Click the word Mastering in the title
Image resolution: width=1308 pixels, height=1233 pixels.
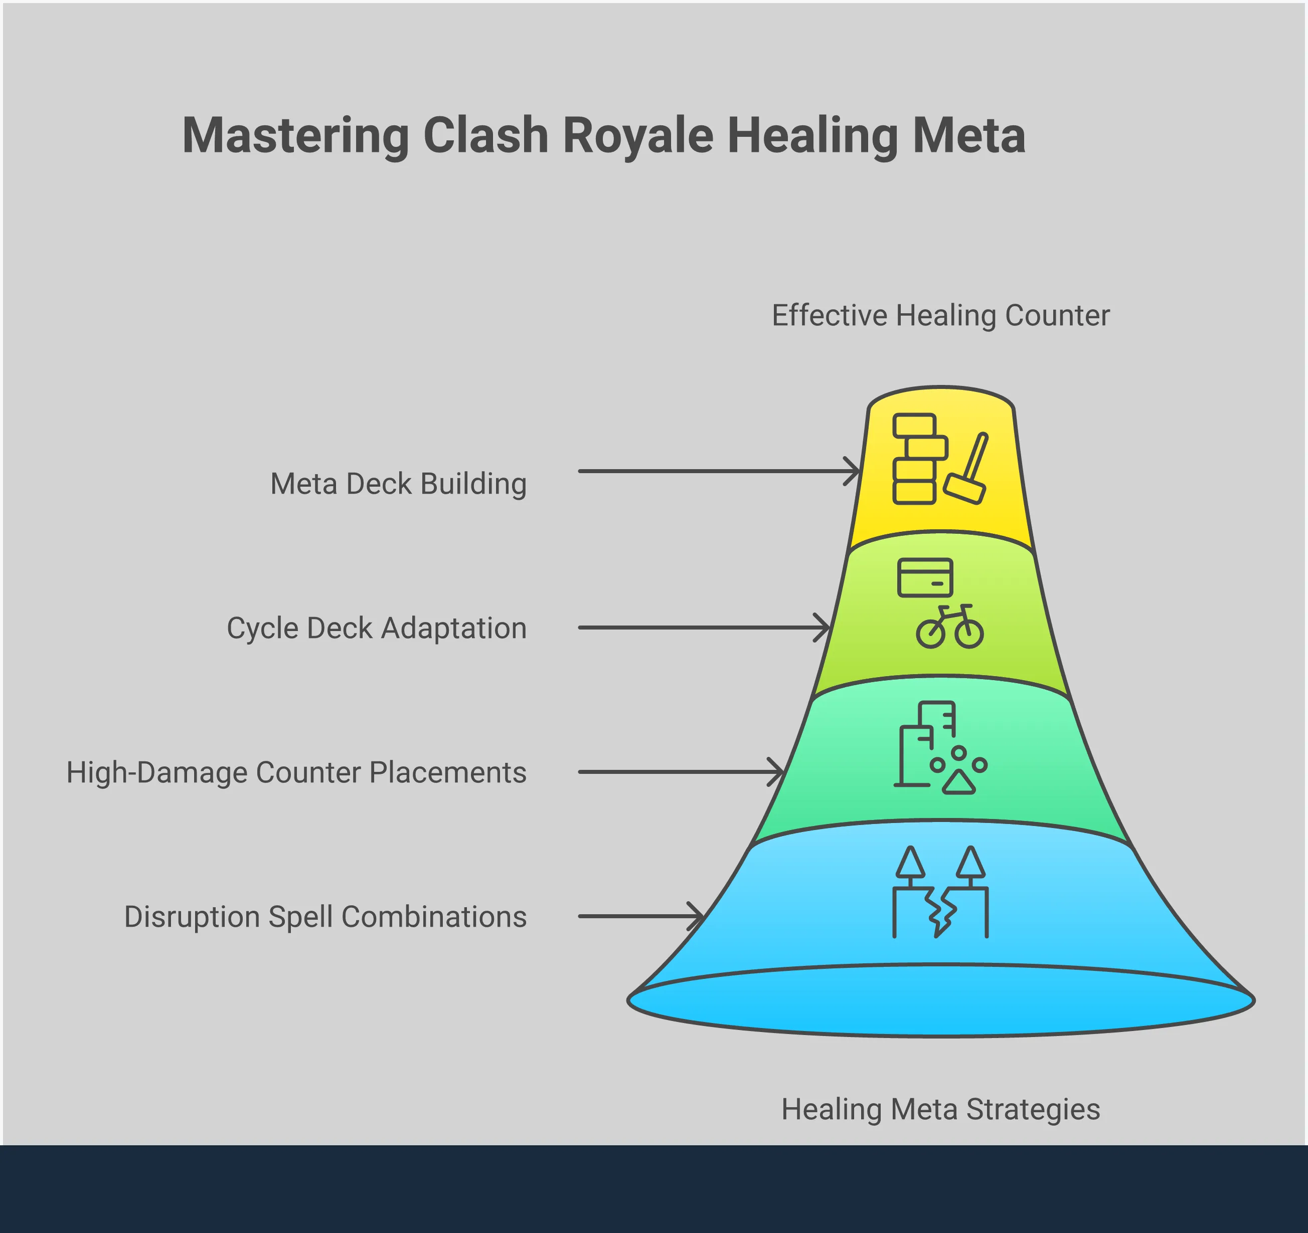[295, 136]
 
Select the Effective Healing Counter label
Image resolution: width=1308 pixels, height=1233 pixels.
[940, 316]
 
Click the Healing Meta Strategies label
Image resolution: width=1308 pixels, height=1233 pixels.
[940, 1109]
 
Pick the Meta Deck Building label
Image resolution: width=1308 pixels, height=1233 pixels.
[398, 484]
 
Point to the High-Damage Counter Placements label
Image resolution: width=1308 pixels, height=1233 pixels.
[296, 773]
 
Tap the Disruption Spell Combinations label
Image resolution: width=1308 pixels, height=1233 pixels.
[325, 917]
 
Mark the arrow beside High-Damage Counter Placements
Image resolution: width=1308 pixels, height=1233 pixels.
[681, 772]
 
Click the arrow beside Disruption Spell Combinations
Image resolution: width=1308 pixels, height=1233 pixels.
[641, 916]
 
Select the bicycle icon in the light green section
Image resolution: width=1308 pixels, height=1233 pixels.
[949, 628]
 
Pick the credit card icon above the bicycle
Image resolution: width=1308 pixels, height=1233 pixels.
[925, 577]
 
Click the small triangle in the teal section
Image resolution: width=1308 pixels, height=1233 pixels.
[958, 782]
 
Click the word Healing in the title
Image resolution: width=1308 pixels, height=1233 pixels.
[812, 136]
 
